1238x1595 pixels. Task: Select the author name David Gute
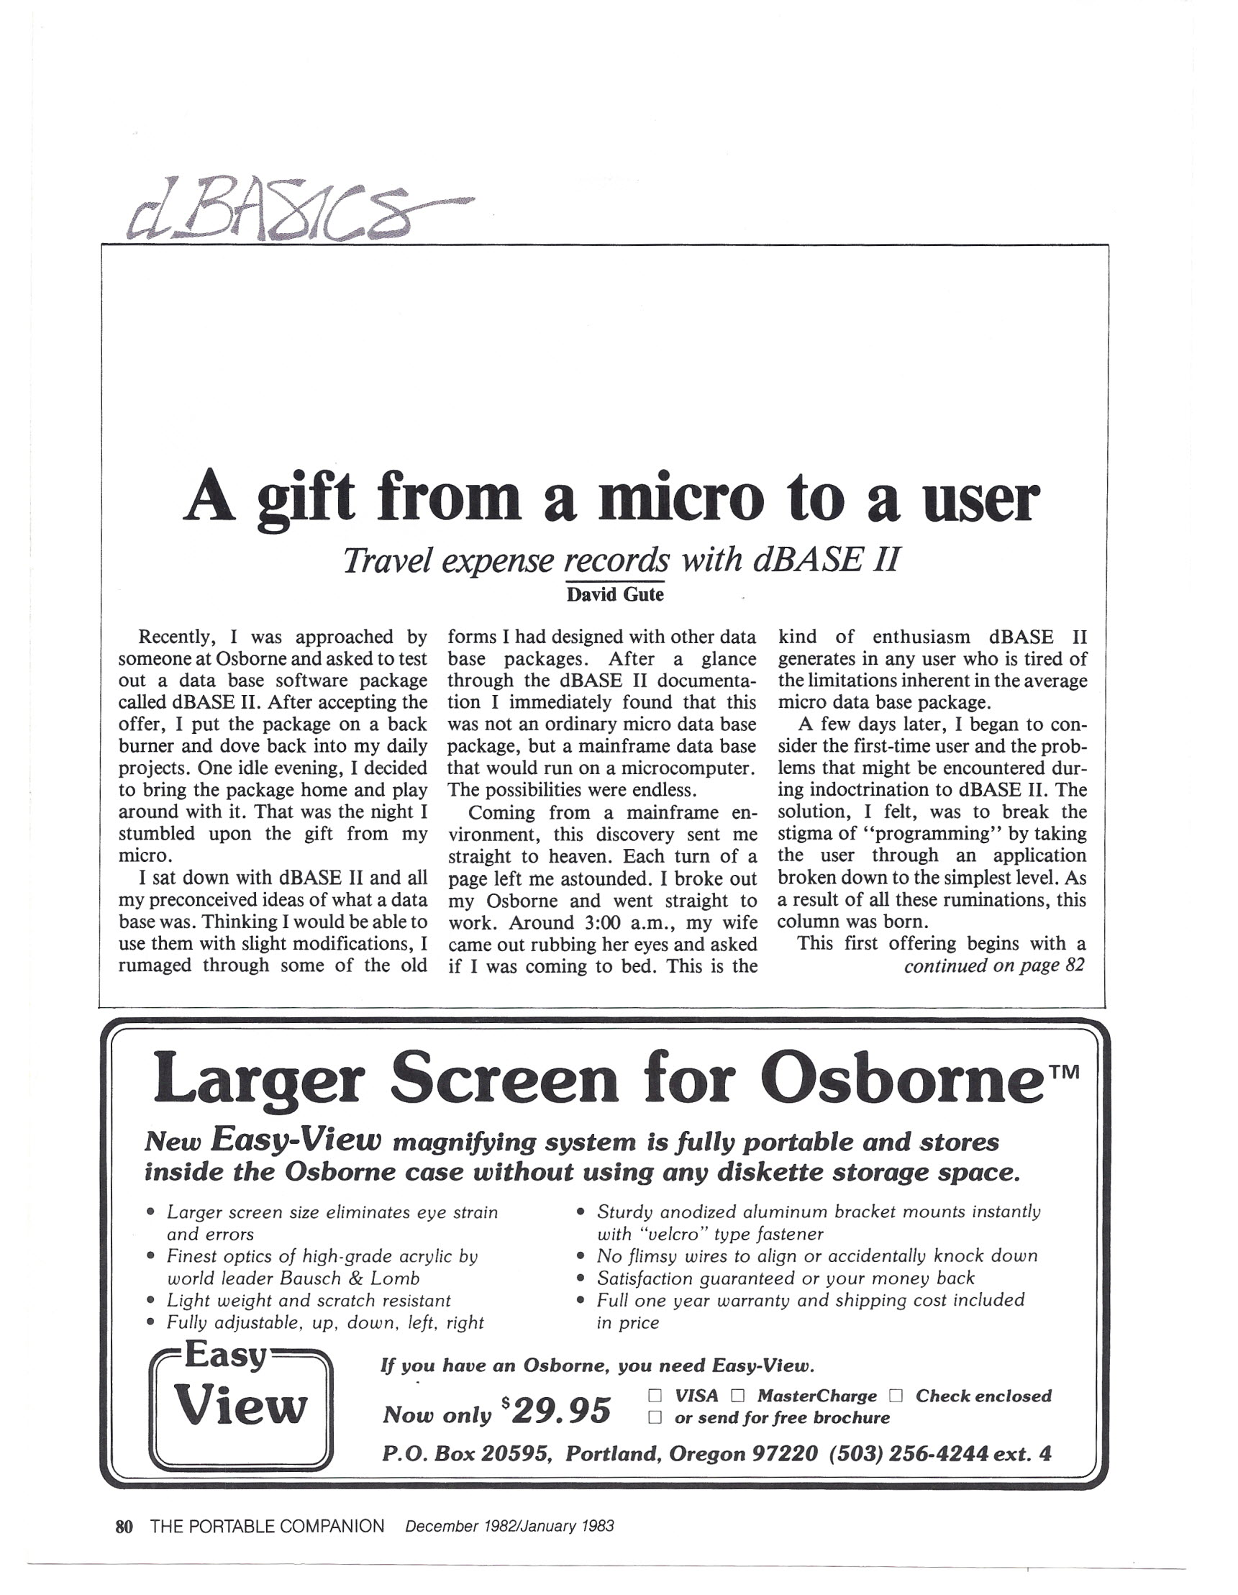click(x=615, y=594)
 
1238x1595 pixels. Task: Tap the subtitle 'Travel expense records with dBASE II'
click(x=621, y=560)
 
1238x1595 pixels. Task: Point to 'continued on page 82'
click(x=993, y=965)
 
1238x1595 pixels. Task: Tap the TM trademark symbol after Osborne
click(x=1066, y=1072)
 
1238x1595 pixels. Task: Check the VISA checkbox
click(x=655, y=1396)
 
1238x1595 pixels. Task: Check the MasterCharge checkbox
click(x=737, y=1396)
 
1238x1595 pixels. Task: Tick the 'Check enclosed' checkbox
click(x=896, y=1396)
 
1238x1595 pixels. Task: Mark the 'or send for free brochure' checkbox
click(x=655, y=1417)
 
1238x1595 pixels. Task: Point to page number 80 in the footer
click(x=124, y=1526)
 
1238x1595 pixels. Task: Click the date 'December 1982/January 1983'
click(x=509, y=1526)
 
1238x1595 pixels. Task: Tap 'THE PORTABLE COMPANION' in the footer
click(x=267, y=1526)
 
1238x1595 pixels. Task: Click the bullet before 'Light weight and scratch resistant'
click(x=150, y=1300)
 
